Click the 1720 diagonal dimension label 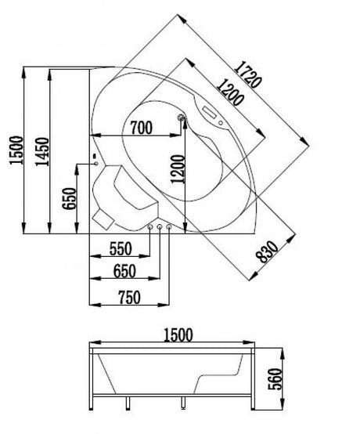(x=248, y=74)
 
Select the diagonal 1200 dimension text (x=230, y=92)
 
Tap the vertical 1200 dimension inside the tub (x=178, y=169)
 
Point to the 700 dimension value (x=142, y=128)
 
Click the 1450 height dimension (x=42, y=152)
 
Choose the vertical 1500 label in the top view (x=16, y=150)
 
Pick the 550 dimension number (x=121, y=248)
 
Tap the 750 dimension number (x=129, y=297)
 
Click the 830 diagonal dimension (x=267, y=251)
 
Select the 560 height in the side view (x=275, y=378)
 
